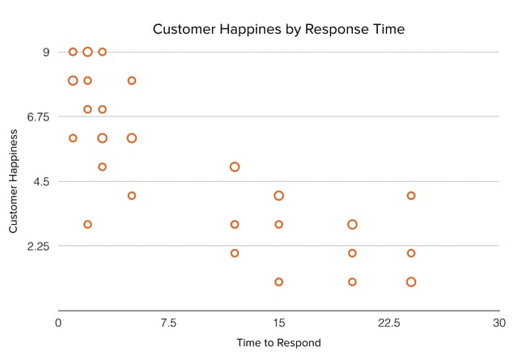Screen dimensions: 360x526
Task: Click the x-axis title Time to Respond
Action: (x=279, y=342)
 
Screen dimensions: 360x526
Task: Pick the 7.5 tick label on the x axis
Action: (x=168, y=323)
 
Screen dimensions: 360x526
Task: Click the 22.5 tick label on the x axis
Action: (x=389, y=323)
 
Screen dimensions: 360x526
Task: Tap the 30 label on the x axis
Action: (x=499, y=323)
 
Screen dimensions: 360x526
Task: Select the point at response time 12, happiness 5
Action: (x=235, y=167)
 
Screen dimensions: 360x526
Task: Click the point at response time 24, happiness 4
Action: (x=411, y=196)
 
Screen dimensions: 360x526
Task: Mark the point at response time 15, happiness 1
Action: (x=279, y=282)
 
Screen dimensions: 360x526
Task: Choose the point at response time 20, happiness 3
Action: (x=352, y=224)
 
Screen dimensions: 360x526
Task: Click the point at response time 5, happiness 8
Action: (x=132, y=81)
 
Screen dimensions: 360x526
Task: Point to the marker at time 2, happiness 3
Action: (x=87, y=224)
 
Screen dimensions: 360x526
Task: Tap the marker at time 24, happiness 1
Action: (x=411, y=282)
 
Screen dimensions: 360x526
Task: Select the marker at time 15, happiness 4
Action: (x=279, y=196)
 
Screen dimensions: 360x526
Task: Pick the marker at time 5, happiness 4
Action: (x=132, y=196)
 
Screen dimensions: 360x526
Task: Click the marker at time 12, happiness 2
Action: (x=235, y=253)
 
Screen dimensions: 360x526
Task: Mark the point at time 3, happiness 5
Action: (x=102, y=167)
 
